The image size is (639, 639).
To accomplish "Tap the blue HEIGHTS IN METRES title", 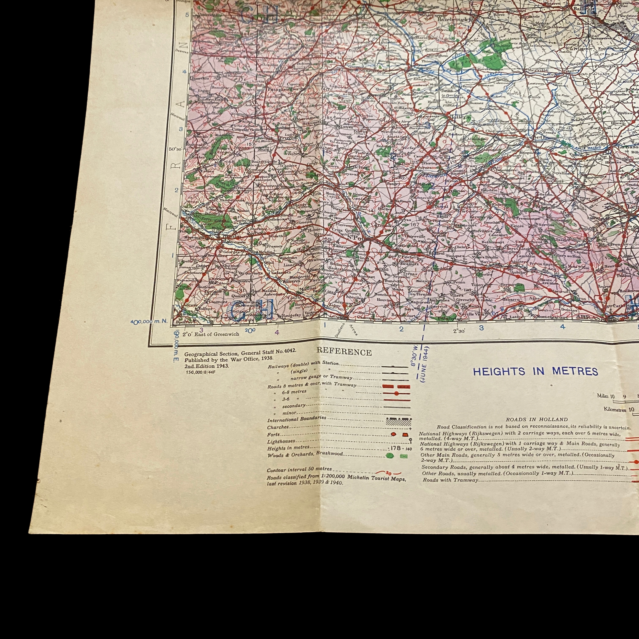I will click(535, 371).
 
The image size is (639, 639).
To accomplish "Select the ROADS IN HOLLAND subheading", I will click(537, 419).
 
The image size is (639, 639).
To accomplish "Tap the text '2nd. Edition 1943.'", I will click(207, 366).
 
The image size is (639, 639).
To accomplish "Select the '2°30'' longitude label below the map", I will click(459, 331).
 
